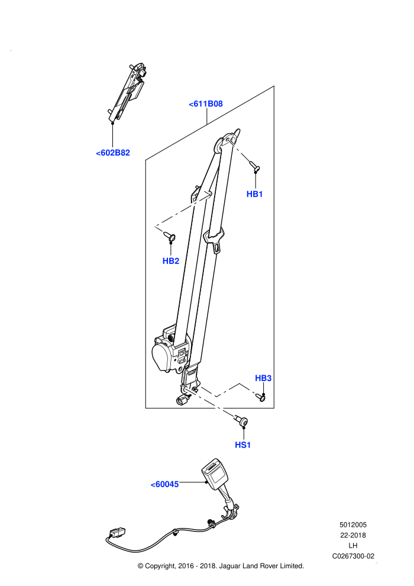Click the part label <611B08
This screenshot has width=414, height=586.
(206, 104)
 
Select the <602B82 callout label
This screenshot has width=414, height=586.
(113, 153)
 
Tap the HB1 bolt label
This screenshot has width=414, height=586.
(254, 194)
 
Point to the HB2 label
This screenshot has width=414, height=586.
(170, 261)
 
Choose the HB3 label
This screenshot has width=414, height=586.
(263, 378)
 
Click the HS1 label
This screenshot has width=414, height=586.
(242, 445)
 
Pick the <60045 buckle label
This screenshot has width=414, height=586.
(164, 484)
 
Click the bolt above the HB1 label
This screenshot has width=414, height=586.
(254, 166)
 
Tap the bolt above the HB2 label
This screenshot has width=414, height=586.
(170, 236)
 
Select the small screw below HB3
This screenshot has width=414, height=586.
(261, 398)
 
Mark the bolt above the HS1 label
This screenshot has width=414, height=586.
(241, 420)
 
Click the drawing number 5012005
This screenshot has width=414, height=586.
(353, 524)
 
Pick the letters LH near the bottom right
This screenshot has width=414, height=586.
(352, 546)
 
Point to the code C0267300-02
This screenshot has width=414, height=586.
(353, 556)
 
